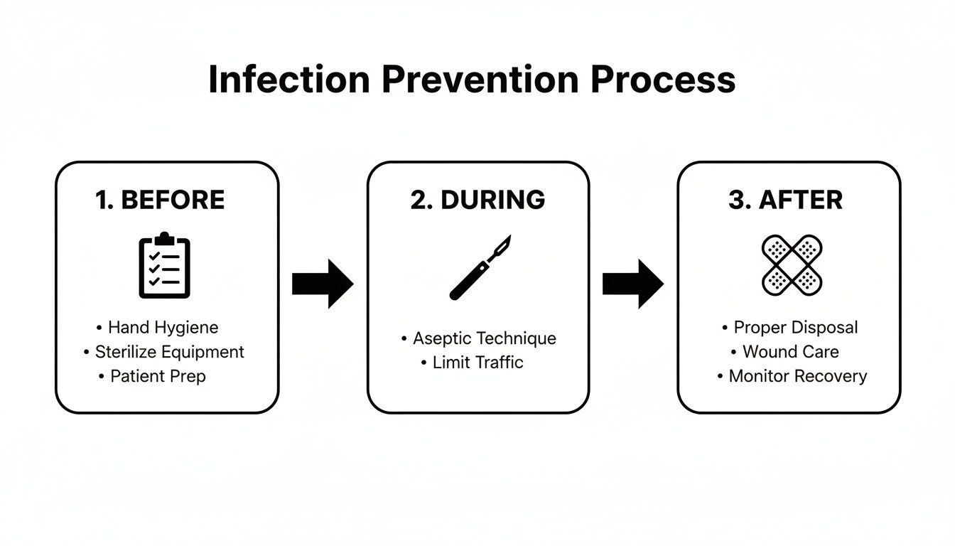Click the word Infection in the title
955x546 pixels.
click(x=288, y=80)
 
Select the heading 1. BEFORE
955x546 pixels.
click(x=160, y=200)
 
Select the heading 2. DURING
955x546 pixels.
click(x=477, y=200)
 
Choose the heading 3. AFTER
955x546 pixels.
click(x=785, y=200)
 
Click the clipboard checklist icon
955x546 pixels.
click(x=164, y=264)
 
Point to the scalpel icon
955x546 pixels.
click(x=480, y=267)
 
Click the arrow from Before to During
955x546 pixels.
click(x=323, y=284)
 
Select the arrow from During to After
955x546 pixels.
click(x=632, y=284)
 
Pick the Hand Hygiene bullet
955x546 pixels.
click(x=163, y=328)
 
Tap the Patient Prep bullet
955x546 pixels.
click(x=158, y=376)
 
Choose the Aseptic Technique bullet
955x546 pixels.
click(x=484, y=338)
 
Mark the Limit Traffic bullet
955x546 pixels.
click(x=477, y=363)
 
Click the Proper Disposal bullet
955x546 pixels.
click(x=795, y=328)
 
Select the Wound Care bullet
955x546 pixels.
click(x=790, y=352)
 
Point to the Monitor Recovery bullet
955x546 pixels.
click(x=797, y=376)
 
